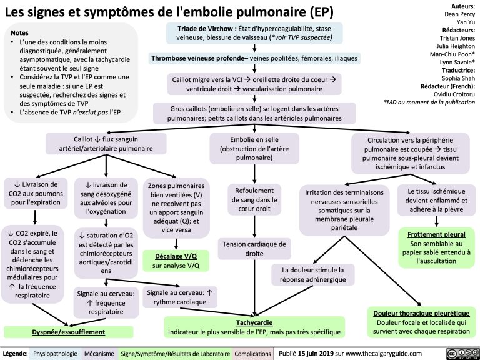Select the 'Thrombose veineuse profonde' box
tap(253, 60)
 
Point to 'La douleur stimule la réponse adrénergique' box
tap(313, 274)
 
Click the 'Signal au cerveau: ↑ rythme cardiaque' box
tap(177, 297)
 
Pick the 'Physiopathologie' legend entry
tap(54, 353)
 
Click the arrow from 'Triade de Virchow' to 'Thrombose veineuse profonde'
tap(253, 49)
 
